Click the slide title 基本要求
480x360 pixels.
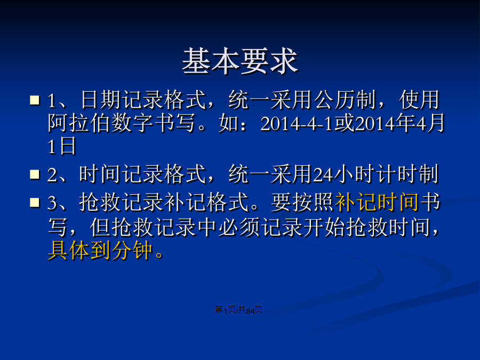click(240, 61)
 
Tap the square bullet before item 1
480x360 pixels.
click(35, 100)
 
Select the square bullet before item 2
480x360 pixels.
click(35, 174)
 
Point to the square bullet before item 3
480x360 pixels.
click(35, 202)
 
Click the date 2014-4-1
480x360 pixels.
click(297, 123)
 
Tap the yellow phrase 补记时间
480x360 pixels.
click(377, 202)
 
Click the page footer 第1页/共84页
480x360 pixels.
click(238, 310)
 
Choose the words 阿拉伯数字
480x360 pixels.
click(100, 123)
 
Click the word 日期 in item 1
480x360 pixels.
click(101, 100)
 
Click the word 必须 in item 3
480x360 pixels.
click(239, 227)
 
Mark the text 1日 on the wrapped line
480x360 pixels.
click(62, 146)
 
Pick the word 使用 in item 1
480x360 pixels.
click(419, 100)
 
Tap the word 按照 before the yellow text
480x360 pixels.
click(313, 202)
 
